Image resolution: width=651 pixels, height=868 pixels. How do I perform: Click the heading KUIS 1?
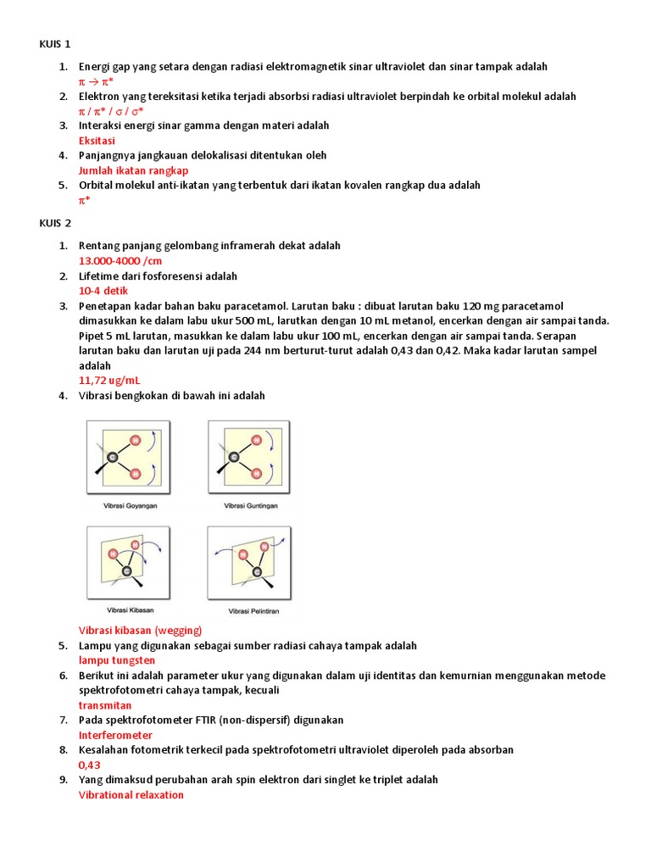[55, 44]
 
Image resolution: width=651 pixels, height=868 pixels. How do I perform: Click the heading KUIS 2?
[55, 223]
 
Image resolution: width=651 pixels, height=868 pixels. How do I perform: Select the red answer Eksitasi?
[97, 141]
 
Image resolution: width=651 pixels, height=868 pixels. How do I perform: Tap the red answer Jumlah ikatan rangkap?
[133, 170]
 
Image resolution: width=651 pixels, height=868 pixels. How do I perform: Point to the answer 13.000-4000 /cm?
[120, 261]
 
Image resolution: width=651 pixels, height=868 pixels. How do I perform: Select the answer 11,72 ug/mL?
[110, 381]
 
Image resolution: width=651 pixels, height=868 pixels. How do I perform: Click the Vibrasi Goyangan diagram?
[128, 458]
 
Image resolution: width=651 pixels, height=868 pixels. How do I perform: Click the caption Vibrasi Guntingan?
[251, 506]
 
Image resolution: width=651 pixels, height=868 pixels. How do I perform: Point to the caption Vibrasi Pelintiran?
[251, 610]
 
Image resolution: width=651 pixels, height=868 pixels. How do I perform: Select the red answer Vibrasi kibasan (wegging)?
[141, 631]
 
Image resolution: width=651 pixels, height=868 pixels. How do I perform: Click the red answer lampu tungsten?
[117, 660]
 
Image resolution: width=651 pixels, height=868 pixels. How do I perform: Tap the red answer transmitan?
[105, 705]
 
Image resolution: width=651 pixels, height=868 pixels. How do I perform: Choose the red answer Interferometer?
[115, 735]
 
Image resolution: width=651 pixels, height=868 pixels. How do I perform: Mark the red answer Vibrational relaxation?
[131, 795]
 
